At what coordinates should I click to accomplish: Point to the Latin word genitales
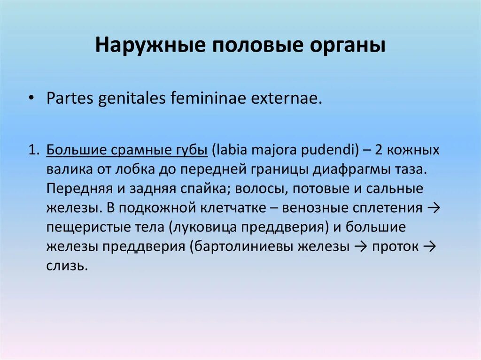(x=129, y=100)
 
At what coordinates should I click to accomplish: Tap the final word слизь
(x=67, y=266)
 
